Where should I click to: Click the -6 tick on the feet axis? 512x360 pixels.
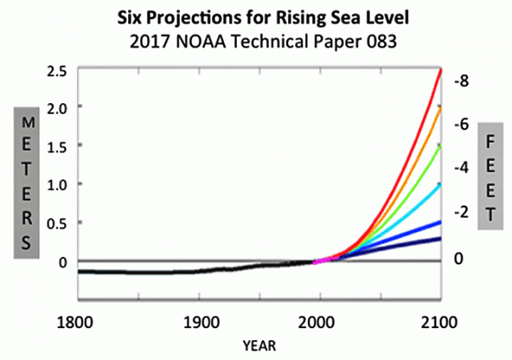point(462,123)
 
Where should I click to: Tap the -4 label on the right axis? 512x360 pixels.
point(462,167)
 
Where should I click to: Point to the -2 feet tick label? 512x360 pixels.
point(462,212)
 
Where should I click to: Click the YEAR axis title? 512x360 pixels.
point(260,346)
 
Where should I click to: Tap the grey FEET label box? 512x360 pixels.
point(490,175)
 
